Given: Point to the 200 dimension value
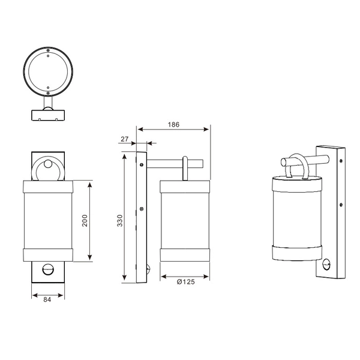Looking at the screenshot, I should (x=85, y=220).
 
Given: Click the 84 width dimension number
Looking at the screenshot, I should (x=47, y=301).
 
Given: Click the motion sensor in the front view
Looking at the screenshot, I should (x=47, y=270).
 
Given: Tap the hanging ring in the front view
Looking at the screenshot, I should (x=47, y=169).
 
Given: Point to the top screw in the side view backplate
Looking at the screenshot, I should (x=142, y=164).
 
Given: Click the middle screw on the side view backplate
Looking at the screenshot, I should (x=142, y=209).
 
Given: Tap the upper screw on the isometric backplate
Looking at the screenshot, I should (x=340, y=160).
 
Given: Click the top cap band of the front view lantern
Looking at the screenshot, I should (x=47, y=186).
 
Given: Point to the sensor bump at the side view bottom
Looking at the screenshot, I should (x=148, y=269).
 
